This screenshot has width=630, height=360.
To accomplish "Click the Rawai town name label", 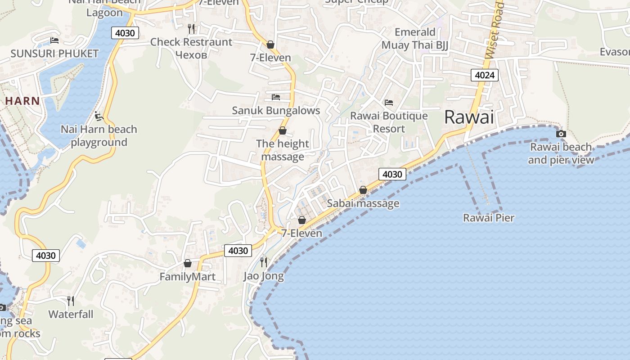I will [469, 117].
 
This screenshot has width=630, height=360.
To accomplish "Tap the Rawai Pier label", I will [489, 218].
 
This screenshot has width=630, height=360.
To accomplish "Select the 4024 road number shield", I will [485, 75].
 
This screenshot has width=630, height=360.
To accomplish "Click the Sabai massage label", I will [363, 203].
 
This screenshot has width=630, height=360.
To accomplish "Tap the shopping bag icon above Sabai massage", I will [363, 190].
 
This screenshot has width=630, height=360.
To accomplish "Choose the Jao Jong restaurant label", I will [264, 276].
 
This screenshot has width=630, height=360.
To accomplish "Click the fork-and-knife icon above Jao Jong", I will [264, 262].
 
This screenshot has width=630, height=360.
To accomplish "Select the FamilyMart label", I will [188, 277].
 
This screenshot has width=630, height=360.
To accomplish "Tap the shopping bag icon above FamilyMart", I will [188, 263].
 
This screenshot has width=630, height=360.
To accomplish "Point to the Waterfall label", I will [71, 314].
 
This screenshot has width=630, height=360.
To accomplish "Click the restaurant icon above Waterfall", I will [71, 301].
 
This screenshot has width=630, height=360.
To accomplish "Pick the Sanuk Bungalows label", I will [276, 111].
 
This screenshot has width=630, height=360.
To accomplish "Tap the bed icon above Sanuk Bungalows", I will [276, 97].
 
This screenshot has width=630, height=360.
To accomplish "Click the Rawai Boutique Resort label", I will [389, 122].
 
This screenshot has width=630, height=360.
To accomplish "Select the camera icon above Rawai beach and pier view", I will [561, 134].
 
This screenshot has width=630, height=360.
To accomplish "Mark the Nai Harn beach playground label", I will [99, 136].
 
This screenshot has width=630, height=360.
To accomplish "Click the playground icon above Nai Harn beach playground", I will [99, 117].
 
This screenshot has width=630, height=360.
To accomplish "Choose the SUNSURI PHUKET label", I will [54, 54].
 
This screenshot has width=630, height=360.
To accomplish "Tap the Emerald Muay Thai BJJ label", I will [415, 39].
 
